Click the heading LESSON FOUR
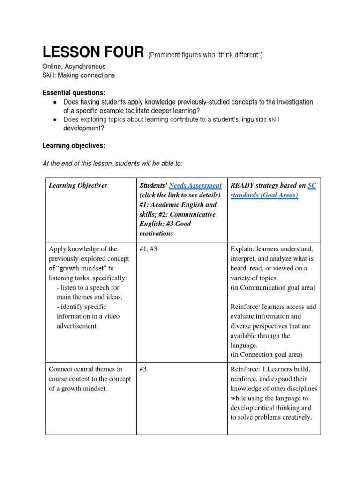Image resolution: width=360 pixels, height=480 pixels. tap(93, 52)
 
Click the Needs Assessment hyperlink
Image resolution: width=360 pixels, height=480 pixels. tap(195, 185)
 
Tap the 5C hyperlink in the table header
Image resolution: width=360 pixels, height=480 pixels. tap(311, 185)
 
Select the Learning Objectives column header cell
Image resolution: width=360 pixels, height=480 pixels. tap(78, 185)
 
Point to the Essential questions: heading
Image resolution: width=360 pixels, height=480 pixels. tap(74, 92)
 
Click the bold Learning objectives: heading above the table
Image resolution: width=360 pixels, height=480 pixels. tap(74, 146)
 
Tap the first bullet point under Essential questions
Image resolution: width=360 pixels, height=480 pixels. tap(55, 102)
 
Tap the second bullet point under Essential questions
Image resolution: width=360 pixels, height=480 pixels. tap(55, 120)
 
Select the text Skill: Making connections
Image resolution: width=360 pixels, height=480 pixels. tap(78, 75)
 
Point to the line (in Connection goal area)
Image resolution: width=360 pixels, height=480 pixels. tap(266, 354)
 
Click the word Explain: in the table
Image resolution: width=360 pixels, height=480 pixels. tap(242, 249)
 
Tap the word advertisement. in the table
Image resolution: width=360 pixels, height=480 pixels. tap(77, 326)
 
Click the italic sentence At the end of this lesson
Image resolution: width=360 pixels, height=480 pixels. tap(112, 163)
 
